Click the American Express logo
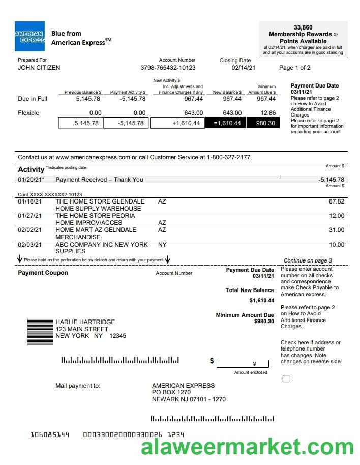click(x=29, y=37)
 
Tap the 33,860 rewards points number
click(x=303, y=27)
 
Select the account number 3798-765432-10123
click(x=168, y=68)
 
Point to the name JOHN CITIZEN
click(x=39, y=68)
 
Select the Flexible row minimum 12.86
click(x=267, y=113)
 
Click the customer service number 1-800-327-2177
click(x=229, y=157)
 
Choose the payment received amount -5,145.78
click(x=331, y=180)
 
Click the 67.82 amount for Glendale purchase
click(x=337, y=201)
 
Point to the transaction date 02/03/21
click(x=29, y=245)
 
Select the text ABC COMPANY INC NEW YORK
click(x=102, y=245)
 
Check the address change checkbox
click(x=286, y=379)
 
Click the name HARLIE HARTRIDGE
click(x=85, y=322)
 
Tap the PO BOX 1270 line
click(x=171, y=392)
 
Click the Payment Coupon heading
click(x=43, y=273)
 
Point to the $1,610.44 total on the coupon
click(x=262, y=300)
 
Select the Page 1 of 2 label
click(x=295, y=68)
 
